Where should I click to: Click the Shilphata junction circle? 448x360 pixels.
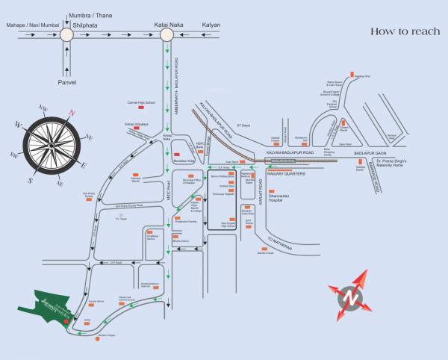pos(67,34)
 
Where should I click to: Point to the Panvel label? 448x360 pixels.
pos(67,81)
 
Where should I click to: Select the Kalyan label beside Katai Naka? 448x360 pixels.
pos(211,25)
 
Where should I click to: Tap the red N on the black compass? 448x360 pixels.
pos(72,113)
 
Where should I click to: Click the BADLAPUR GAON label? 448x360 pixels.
pos(381,152)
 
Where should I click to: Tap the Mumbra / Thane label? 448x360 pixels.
pos(90,14)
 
